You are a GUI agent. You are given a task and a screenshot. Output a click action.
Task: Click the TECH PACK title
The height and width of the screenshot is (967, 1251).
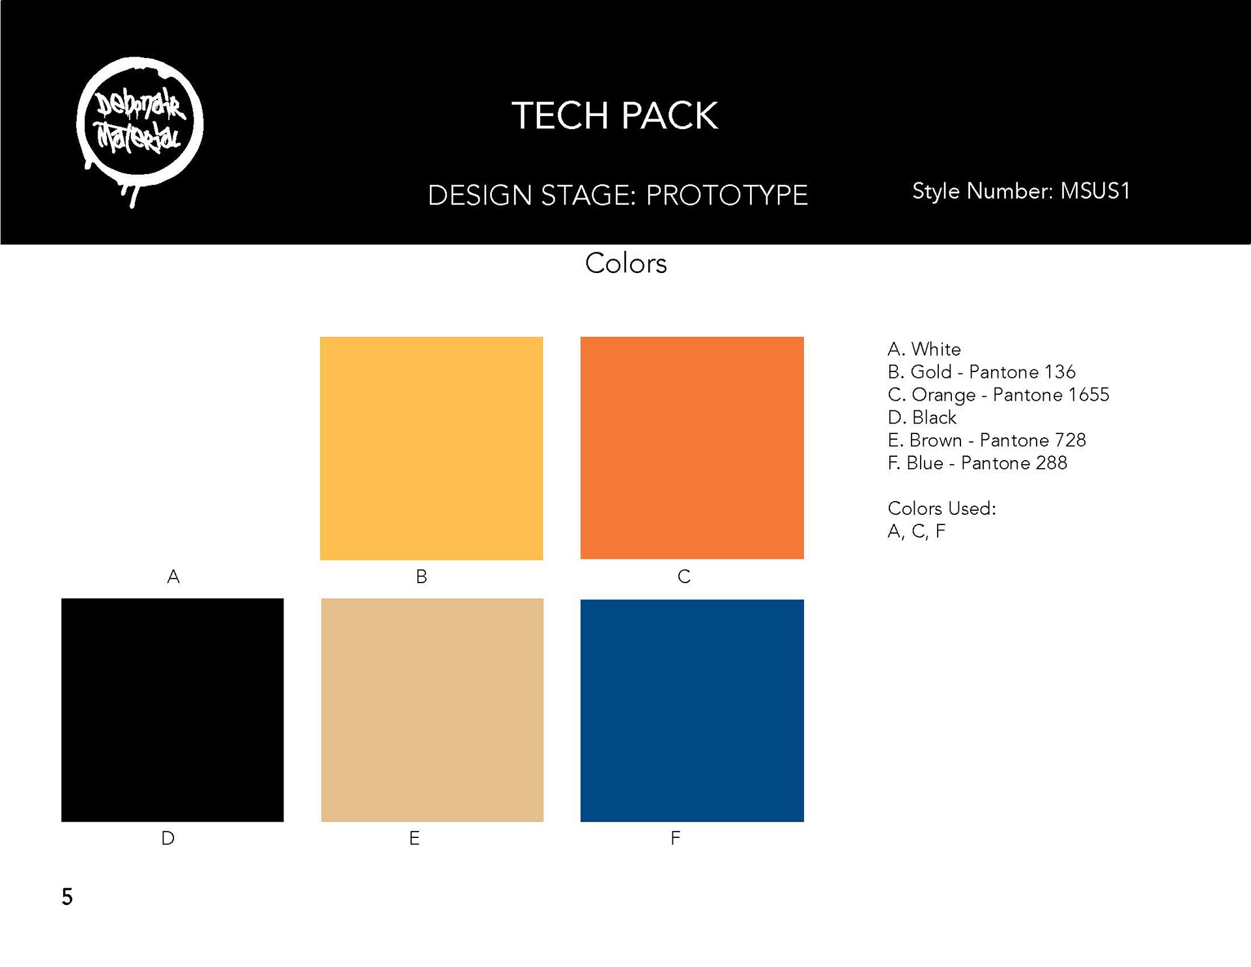pyautogui.click(x=614, y=116)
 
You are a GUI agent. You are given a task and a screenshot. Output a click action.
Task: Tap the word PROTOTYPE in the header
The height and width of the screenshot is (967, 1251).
pyautogui.click(x=726, y=195)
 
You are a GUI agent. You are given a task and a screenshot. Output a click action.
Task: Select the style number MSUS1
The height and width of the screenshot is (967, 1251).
pyautogui.click(x=1095, y=191)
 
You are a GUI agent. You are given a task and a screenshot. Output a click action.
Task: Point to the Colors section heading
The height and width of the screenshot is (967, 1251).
pyautogui.click(x=625, y=263)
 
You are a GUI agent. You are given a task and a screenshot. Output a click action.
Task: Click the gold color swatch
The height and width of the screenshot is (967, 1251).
pyautogui.click(x=431, y=448)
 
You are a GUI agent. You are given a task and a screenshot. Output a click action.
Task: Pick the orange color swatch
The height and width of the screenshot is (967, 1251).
pyautogui.click(x=692, y=448)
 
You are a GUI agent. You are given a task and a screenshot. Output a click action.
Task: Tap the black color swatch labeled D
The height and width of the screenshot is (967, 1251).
pyautogui.click(x=173, y=710)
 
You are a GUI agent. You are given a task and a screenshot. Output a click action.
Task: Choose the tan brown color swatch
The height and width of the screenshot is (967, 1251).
pyautogui.click(x=432, y=710)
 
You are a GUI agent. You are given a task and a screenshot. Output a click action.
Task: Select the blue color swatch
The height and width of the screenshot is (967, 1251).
pyautogui.click(x=692, y=710)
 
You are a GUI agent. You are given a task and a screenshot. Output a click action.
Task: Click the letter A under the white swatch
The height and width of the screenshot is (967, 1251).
pyautogui.click(x=173, y=577)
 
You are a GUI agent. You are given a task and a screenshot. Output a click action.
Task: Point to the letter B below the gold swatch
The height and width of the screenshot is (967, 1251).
pyautogui.click(x=422, y=577)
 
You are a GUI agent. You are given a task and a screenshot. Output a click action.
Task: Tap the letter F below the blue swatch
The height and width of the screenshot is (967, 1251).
pyautogui.click(x=676, y=838)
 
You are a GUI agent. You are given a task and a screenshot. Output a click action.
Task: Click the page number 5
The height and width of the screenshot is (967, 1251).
pyautogui.click(x=67, y=897)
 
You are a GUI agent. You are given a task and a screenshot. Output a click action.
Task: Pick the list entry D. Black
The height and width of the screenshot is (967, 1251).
pyautogui.click(x=922, y=418)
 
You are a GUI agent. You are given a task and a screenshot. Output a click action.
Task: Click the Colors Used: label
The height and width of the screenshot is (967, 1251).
pyautogui.click(x=942, y=509)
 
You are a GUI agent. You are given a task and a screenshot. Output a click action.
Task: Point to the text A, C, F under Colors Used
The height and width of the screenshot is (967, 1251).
pyautogui.click(x=916, y=532)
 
